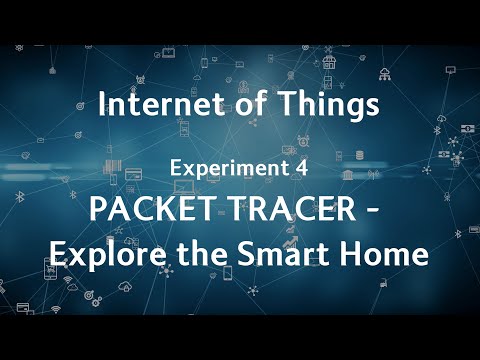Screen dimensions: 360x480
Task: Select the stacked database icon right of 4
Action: point(359,157)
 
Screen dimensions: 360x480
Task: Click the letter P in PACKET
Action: point(97,211)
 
